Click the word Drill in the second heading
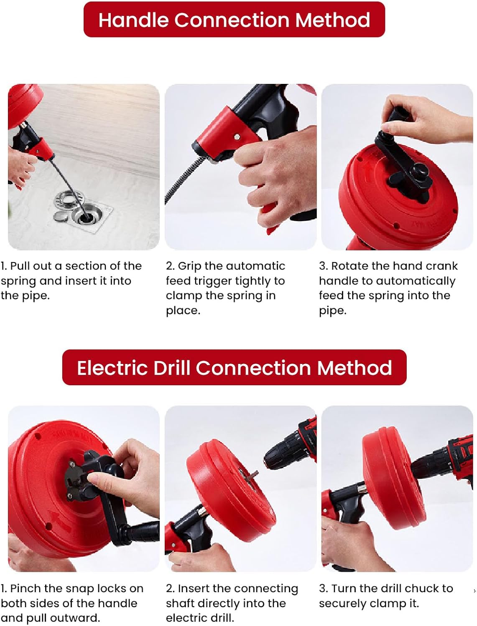[172, 368]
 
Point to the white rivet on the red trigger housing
[237, 137]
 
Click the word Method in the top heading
[332, 20]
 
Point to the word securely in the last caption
[342, 604]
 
